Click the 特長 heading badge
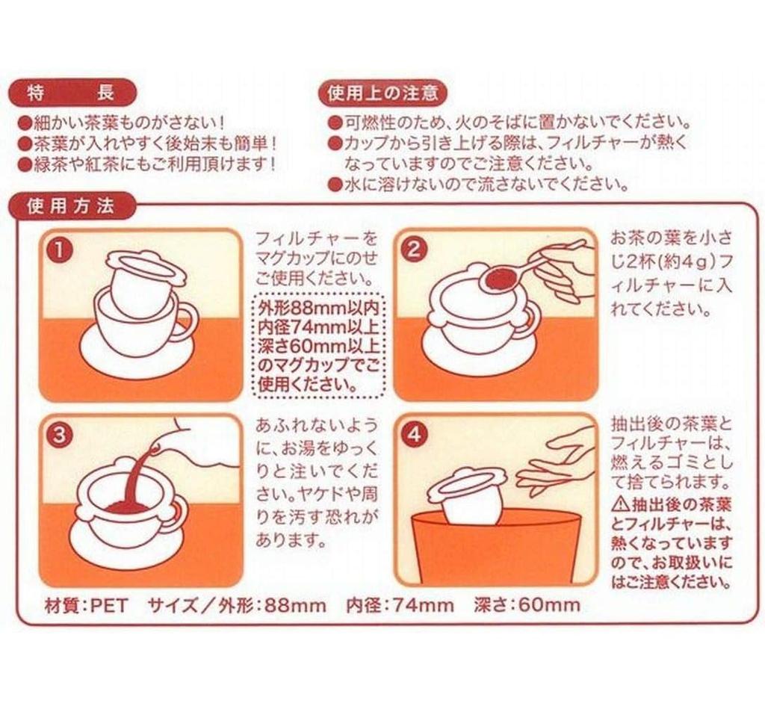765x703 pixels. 72,93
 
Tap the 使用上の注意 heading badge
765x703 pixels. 382,93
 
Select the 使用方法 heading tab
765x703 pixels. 72,206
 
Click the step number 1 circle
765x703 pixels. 60,250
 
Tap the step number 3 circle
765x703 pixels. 60,434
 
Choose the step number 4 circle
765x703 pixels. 414,434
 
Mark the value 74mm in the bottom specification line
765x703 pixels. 424,606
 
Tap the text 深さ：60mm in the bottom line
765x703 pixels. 527,606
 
